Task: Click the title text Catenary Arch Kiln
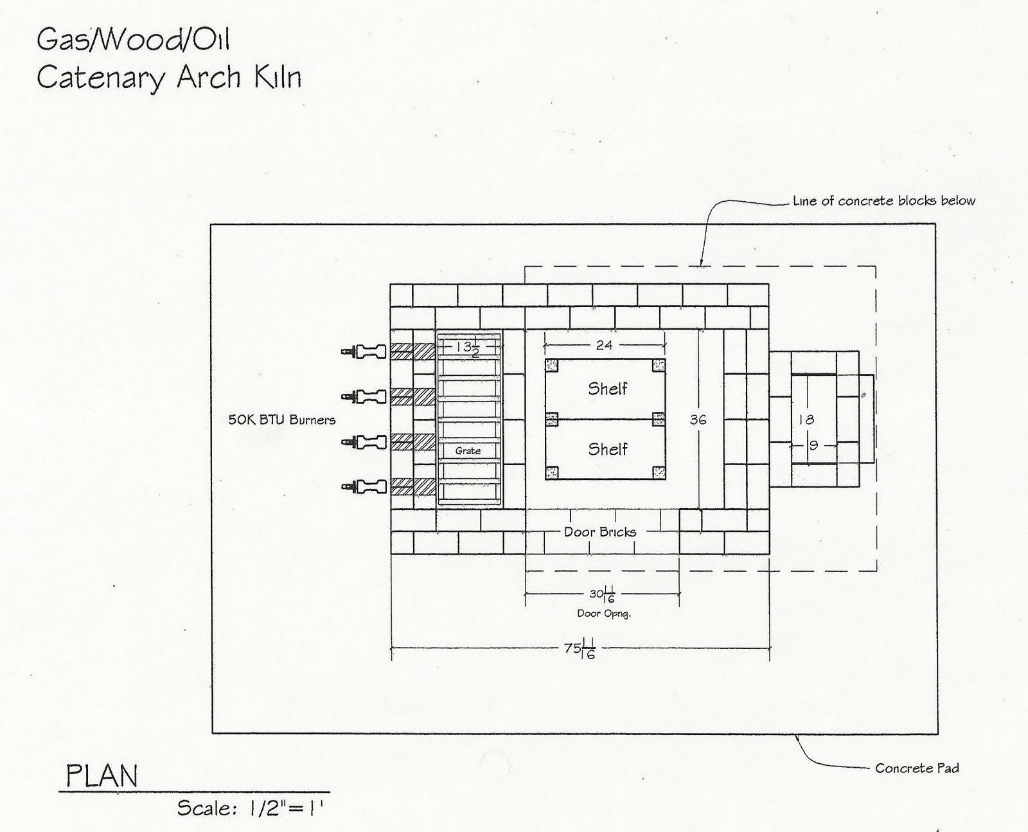(x=168, y=78)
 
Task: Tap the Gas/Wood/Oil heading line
(x=133, y=40)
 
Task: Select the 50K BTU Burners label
(x=282, y=420)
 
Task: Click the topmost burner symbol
(x=364, y=351)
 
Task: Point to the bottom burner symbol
(x=364, y=486)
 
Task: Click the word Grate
(x=468, y=451)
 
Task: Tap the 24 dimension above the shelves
(x=604, y=346)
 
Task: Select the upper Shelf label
(x=607, y=388)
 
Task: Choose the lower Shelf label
(x=607, y=449)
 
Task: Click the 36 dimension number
(x=698, y=420)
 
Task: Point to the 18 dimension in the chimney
(x=806, y=420)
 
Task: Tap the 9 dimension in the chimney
(x=813, y=444)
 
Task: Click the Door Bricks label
(x=600, y=532)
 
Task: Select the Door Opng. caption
(x=603, y=614)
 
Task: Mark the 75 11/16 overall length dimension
(x=580, y=649)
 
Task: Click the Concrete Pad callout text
(x=917, y=768)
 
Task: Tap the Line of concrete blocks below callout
(x=884, y=201)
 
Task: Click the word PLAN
(x=102, y=776)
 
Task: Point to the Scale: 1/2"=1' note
(x=249, y=808)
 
